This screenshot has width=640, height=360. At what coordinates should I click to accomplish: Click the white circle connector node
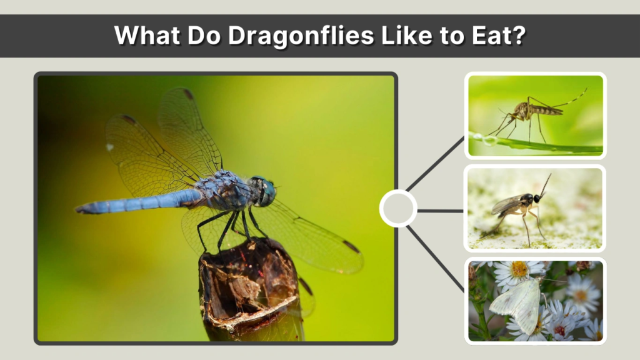tap(398, 209)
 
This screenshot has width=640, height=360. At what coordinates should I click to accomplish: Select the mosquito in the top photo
tap(531, 112)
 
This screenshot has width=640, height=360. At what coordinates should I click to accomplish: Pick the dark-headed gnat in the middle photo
tap(522, 206)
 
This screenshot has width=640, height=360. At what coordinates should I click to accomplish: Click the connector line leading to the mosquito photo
tap(435, 164)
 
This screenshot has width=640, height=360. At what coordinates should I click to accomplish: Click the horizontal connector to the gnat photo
tap(441, 211)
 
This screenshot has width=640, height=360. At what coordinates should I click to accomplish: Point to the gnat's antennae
tap(545, 185)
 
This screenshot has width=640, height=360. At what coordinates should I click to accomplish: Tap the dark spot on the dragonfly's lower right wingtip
tap(351, 246)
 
